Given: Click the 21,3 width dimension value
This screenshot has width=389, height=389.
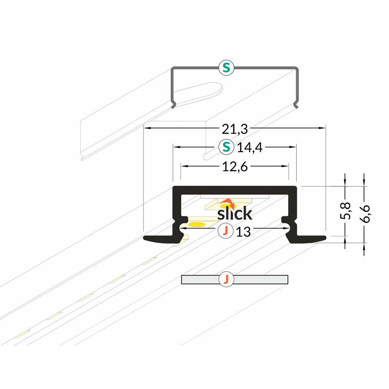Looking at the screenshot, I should (235, 128).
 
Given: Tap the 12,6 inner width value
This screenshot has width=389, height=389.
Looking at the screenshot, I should (235, 167).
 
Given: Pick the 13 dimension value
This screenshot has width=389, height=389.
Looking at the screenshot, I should (243, 232).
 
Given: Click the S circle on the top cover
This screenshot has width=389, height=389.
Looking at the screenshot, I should (225, 68).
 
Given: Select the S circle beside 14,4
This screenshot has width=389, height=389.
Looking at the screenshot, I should (225, 146).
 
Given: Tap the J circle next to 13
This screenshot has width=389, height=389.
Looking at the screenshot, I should (225, 231).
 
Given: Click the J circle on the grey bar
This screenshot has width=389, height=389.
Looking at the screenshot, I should (225, 280).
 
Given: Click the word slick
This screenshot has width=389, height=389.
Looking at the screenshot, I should (234, 213).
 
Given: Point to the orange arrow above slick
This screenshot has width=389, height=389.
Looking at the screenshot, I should (227, 203).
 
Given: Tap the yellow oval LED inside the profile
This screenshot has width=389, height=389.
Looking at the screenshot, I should (196, 224).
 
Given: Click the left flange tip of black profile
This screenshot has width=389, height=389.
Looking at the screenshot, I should (146, 238).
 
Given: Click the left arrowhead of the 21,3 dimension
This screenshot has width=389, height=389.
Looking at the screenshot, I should (146, 128).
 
